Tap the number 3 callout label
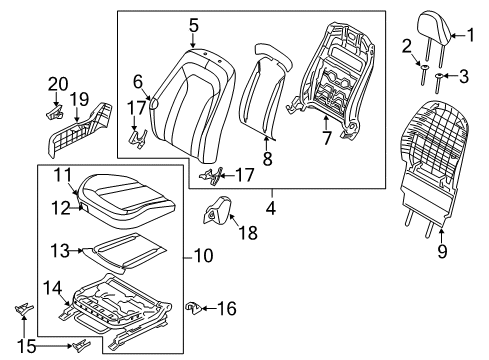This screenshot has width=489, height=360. point(464,76)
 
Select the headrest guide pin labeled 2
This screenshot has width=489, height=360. point(424,75)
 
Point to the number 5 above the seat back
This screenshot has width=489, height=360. point(193,26)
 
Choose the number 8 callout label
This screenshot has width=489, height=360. point(268,159)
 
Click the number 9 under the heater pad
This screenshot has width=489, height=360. point(442,251)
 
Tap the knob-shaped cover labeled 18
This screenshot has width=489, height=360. point(217,208)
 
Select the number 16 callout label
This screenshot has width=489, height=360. point(227,308)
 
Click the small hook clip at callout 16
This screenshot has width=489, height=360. point(193,307)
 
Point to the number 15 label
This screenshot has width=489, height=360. point(27,347)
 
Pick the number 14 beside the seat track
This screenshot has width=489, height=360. point(52,288)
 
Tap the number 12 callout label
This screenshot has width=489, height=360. point(61,208)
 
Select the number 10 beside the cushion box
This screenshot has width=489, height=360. point(203,256)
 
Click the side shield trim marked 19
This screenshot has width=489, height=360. point(80,129)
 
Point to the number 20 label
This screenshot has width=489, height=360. point(58,85)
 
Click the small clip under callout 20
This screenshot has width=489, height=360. point(55,111)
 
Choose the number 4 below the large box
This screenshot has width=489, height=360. point(271,208)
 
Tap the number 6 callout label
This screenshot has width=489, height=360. point(138,82)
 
